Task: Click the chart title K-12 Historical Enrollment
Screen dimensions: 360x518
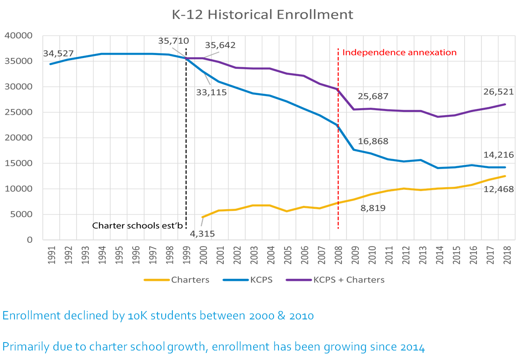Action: tap(263, 14)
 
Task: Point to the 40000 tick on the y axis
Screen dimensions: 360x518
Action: tap(18, 36)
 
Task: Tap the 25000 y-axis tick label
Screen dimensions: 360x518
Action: tap(18, 112)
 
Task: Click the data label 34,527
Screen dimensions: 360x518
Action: tap(58, 53)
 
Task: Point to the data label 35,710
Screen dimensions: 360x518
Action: tap(173, 41)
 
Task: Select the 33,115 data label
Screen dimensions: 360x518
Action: tap(211, 92)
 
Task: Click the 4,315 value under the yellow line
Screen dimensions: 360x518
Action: tap(202, 234)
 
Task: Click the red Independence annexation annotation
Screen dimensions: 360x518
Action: tap(399, 53)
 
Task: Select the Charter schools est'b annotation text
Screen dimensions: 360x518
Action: tap(137, 226)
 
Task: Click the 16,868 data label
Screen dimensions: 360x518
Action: tap(373, 141)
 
